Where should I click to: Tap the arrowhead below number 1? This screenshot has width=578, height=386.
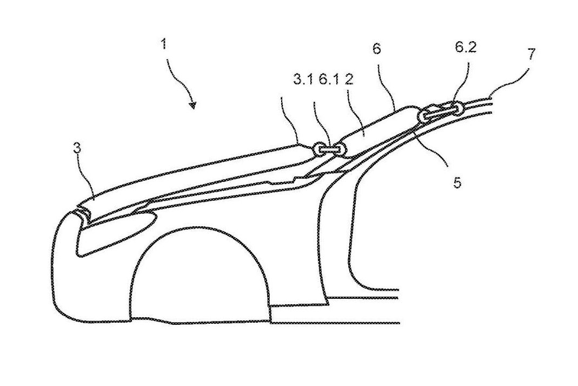tap(192, 106)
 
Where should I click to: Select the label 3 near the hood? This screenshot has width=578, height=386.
tap(77, 148)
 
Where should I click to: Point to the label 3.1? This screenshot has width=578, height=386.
tap(303, 80)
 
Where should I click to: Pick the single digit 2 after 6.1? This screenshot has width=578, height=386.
tap(349, 80)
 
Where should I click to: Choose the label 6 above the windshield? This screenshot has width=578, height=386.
tap(376, 48)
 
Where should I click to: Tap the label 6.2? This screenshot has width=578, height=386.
tap(465, 48)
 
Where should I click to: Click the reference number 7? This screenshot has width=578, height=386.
tap(531, 54)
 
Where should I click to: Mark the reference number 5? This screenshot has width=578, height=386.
tap(457, 182)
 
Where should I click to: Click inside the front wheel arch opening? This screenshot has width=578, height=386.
tap(199, 277)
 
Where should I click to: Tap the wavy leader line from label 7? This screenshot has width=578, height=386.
tap(507, 87)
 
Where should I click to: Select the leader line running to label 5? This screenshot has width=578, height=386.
tap(434, 148)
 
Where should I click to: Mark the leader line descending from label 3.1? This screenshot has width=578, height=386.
tap(290, 121)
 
